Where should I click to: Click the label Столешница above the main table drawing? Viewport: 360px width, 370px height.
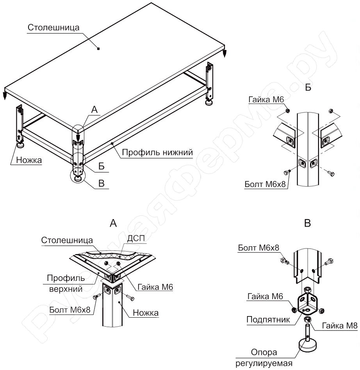[53, 28]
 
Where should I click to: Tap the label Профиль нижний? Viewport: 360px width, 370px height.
[157, 152]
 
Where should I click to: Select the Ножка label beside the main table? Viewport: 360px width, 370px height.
[29, 160]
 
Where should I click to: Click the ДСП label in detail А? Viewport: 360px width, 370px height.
[136, 239]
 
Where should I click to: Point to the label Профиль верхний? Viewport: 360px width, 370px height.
[66, 283]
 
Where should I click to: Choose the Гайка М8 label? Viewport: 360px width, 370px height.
[340, 326]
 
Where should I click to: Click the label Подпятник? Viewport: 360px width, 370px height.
[268, 320]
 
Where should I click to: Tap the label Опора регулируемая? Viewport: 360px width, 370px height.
[264, 358]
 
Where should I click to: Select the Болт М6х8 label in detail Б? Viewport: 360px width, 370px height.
[265, 184]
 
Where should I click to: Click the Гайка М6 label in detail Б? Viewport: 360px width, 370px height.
[266, 100]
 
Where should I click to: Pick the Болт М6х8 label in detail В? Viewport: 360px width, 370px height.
[258, 248]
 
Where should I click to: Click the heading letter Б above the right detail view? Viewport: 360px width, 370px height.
[308, 87]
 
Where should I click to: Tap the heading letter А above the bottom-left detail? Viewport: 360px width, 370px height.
[113, 223]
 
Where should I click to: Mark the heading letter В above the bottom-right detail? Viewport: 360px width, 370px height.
[308, 223]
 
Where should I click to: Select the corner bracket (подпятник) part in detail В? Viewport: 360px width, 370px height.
[308, 303]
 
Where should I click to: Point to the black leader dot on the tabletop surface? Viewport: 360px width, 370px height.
[98, 48]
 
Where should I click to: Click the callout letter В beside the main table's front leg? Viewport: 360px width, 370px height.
[102, 183]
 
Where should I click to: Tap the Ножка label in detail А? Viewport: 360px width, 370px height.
[146, 313]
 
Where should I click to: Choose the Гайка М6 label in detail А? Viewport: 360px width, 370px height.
[155, 287]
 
